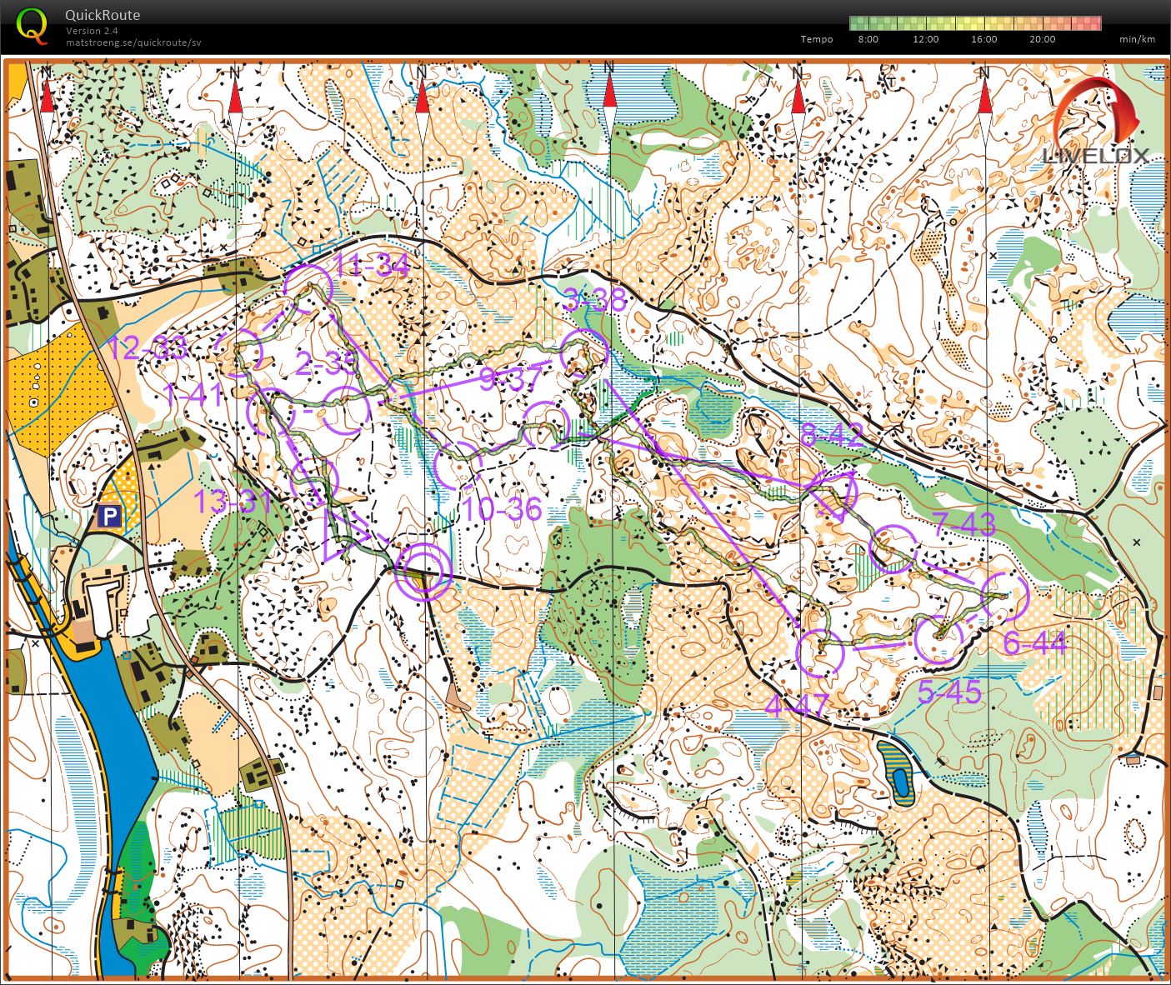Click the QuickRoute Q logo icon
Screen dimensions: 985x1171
(32, 25)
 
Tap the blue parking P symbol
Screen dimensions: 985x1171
(110, 517)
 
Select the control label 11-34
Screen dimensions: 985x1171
(371, 266)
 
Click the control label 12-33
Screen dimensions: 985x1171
(148, 348)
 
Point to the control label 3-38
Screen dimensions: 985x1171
(594, 299)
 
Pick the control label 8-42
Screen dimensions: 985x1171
(832, 435)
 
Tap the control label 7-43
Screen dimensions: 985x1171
(964, 524)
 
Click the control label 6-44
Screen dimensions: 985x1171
(1034, 642)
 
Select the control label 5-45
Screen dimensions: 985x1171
(949, 692)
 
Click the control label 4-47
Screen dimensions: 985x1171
(797, 706)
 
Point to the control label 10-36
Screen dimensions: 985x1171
(502, 509)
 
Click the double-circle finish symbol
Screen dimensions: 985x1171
(423, 571)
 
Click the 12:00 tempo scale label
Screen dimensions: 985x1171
(925, 39)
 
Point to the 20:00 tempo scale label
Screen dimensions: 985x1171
(1042, 39)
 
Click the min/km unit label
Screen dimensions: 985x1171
(1137, 39)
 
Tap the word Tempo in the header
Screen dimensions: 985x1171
(816, 39)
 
